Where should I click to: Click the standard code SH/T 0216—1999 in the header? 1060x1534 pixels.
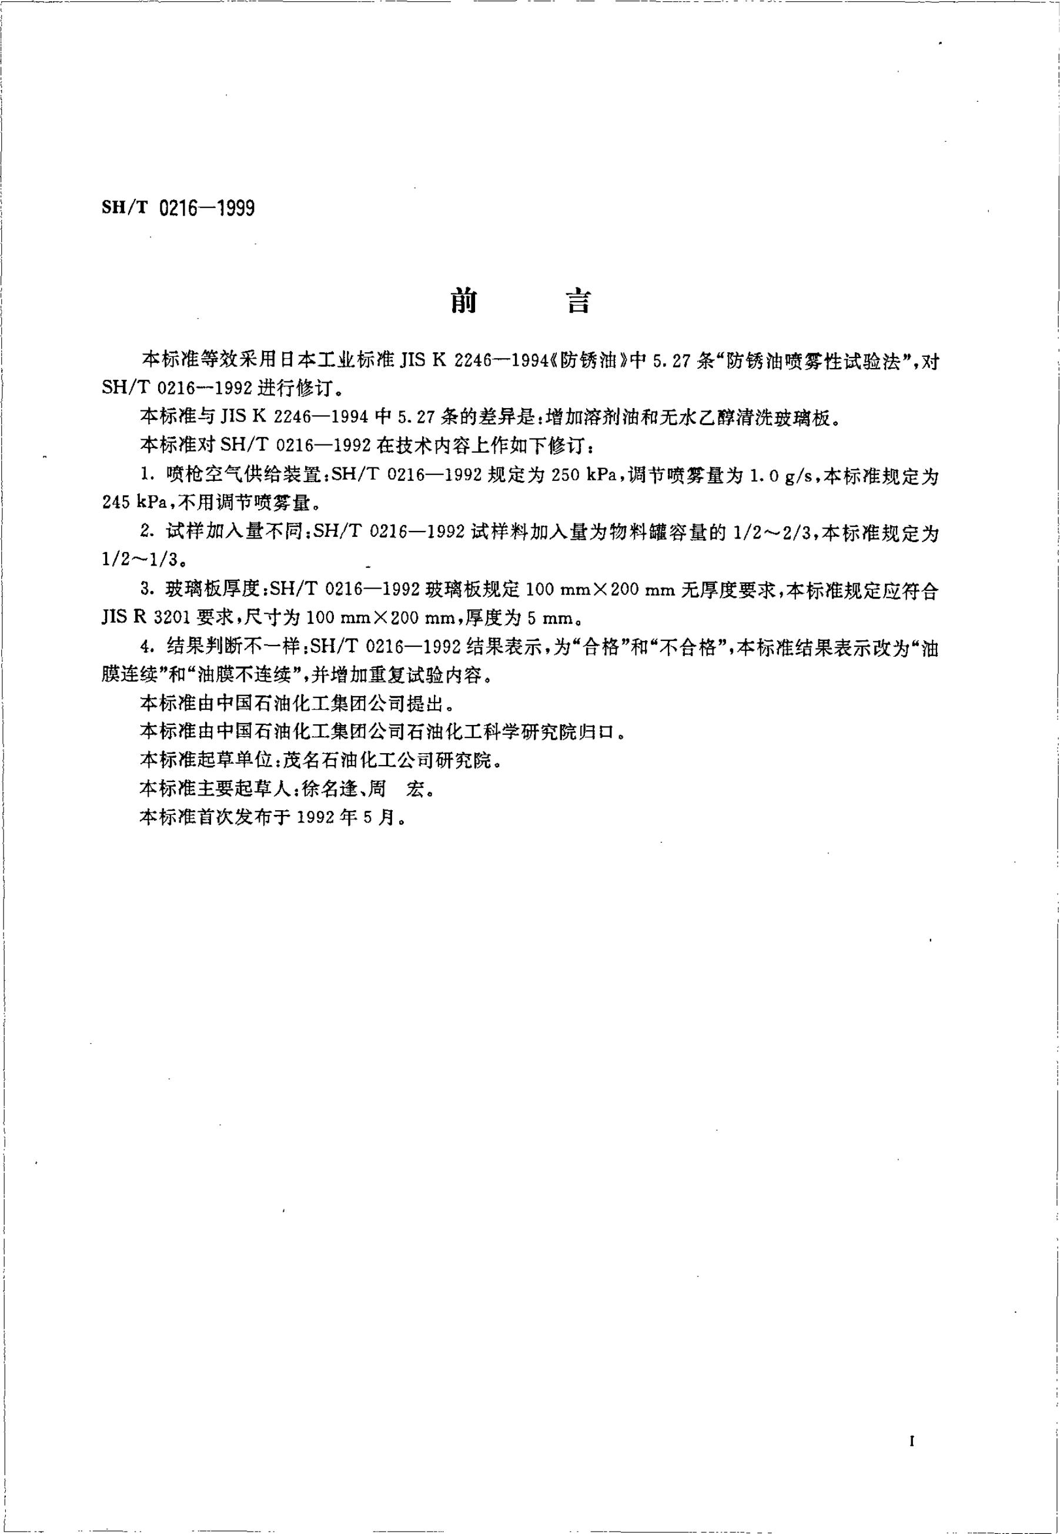click(x=178, y=209)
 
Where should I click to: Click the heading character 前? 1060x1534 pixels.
click(x=464, y=302)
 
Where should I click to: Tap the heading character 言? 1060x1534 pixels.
click(x=577, y=302)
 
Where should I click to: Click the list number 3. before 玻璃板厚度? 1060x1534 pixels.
click(x=148, y=590)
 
